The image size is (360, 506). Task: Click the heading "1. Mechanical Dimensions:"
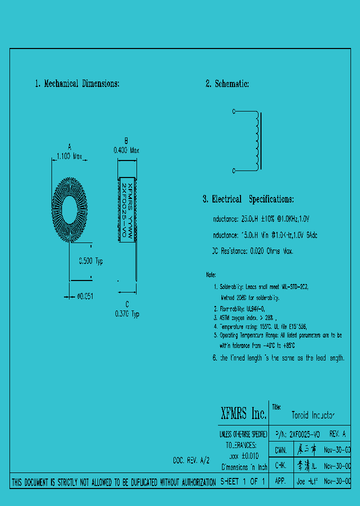tap(77, 84)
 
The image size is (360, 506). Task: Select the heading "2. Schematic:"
tap(227, 84)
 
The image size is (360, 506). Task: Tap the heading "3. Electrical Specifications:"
tap(248, 199)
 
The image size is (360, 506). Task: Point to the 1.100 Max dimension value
tap(69, 156)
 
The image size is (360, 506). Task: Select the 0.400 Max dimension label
tap(126, 150)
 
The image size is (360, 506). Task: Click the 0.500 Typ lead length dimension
tap(91, 261)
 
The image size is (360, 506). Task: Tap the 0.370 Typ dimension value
tap(126, 314)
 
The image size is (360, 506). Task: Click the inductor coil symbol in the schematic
tap(257, 141)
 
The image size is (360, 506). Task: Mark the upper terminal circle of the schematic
tap(233, 112)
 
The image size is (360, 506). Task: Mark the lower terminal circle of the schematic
tap(233, 171)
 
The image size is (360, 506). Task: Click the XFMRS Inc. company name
tap(243, 413)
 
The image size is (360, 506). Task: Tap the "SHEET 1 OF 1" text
tap(242, 482)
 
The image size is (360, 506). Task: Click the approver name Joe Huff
tap(307, 482)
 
